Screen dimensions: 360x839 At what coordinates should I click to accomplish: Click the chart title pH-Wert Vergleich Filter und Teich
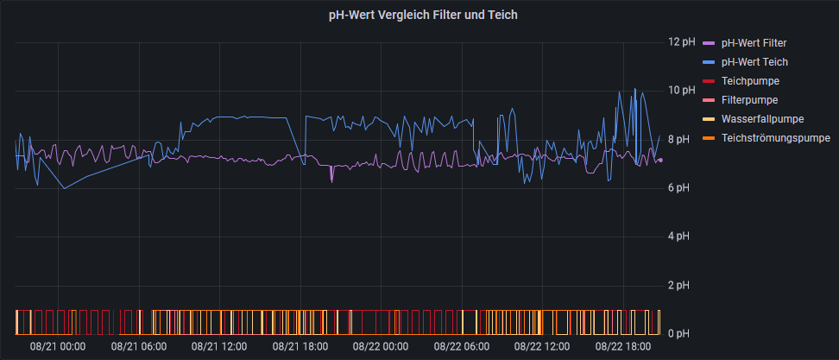(x=423, y=16)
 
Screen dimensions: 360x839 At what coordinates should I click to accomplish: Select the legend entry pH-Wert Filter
(x=754, y=42)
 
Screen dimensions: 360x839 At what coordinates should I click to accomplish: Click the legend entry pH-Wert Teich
(x=754, y=61)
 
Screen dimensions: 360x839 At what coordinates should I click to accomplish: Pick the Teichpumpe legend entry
(x=750, y=80)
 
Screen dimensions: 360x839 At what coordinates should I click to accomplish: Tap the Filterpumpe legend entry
(x=750, y=99)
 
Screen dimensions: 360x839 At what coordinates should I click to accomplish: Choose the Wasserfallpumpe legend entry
(x=762, y=118)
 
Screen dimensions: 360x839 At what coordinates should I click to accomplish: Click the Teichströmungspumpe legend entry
(x=775, y=137)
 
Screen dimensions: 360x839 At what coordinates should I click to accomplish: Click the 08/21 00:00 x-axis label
(x=58, y=347)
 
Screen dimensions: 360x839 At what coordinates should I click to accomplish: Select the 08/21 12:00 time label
(x=219, y=347)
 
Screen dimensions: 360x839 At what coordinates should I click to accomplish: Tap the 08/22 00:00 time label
(x=381, y=347)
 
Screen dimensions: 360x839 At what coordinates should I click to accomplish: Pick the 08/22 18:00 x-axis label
(x=623, y=347)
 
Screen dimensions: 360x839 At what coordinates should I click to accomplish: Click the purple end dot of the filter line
(x=660, y=160)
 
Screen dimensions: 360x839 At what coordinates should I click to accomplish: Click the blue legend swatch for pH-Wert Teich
(x=710, y=62)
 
